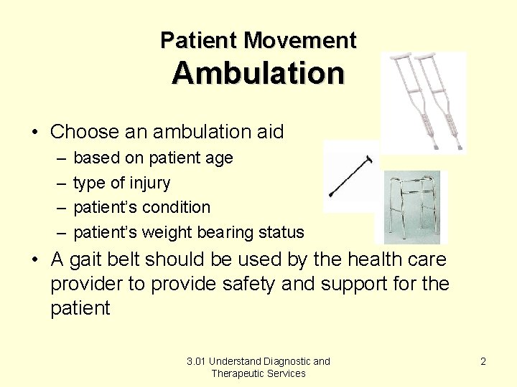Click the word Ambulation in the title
[258, 73]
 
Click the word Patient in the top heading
[199, 40]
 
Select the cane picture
[351, 176]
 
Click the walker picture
[410, 207]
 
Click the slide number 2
[483, 361]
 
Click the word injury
[151, 183]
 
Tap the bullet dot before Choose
[34, 133]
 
